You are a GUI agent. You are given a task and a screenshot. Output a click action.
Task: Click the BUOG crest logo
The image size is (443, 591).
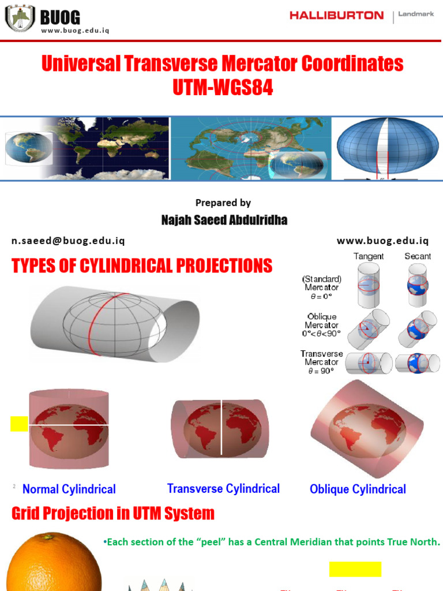point(20,18)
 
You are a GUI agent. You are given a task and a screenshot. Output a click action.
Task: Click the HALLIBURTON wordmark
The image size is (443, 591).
point(336,16)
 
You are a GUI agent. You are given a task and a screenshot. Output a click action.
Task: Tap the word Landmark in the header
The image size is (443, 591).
point(416,14)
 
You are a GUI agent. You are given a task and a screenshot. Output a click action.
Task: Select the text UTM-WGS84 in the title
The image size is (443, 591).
point(222,88)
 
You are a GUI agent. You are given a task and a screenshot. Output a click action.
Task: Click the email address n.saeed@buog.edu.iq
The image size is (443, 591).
point(68,241)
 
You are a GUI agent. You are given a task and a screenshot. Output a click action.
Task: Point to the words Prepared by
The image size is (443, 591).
point(223,203)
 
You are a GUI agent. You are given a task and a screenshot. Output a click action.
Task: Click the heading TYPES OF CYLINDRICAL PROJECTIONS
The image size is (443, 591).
point(142,266)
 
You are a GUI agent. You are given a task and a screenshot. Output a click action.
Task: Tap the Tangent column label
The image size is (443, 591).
point(369,256)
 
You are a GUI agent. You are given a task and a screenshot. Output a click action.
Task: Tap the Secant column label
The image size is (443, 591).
point(418,256)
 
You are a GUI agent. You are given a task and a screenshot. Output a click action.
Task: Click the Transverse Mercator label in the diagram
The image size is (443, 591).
point(322,362)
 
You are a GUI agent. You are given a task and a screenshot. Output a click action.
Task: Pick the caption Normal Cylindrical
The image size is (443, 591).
point(69,489)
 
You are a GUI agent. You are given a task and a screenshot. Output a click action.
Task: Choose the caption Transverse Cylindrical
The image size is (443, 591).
point(223,489)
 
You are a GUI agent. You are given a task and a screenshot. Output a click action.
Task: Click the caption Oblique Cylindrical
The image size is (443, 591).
point(358,489)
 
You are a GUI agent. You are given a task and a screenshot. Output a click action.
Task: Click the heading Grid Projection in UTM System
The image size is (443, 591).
point(113,513)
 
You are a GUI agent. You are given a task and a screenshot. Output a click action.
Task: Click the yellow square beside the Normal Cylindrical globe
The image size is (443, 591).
point(19,424)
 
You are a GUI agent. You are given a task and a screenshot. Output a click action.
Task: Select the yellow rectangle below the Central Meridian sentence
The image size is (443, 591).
point(355,569)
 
